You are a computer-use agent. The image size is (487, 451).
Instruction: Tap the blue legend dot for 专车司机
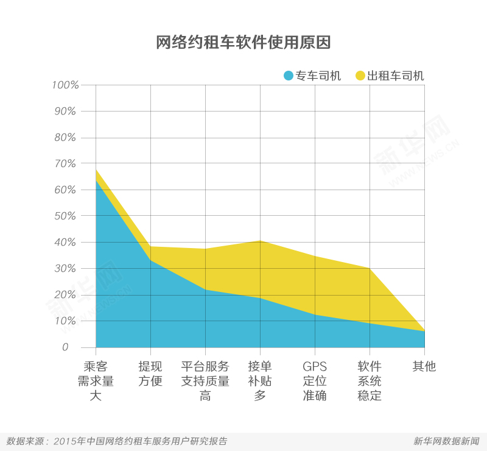288,76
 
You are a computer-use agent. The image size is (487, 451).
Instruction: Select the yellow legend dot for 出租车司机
360,76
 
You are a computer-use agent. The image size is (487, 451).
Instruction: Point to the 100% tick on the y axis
65,85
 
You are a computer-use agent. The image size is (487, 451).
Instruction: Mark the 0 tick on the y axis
73,347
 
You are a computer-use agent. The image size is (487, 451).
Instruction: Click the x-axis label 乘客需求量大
96,381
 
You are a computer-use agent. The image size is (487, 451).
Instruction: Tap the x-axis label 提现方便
150,374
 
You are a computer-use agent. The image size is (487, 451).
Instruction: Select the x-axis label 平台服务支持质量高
205,381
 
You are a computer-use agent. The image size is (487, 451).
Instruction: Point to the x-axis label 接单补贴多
260,381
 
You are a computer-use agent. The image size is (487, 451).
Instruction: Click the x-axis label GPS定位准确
315,381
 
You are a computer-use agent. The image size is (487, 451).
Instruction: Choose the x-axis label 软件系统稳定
370,381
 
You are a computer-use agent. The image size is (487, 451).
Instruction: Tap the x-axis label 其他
424,366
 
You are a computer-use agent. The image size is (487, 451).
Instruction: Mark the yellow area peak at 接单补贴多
260,241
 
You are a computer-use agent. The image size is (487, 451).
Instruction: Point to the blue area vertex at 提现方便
150,260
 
